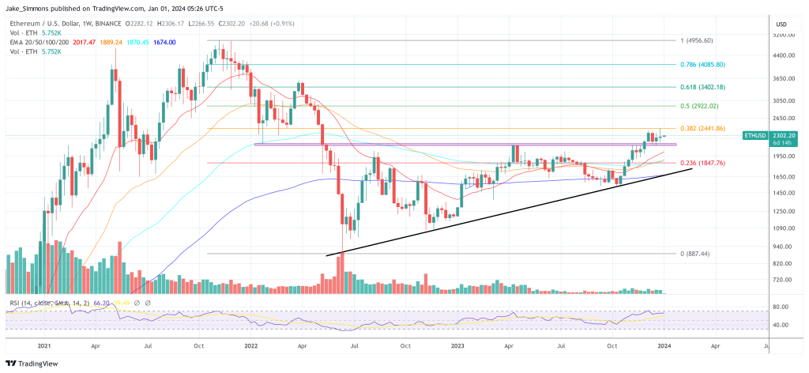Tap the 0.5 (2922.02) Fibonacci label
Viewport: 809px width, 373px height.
click(699, 105)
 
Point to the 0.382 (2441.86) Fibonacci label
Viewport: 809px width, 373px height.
click(702, 128)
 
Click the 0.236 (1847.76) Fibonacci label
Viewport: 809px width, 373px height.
click(702, 163)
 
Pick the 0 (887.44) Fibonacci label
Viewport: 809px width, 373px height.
click(696, 254)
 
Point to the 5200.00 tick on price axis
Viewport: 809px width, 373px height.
click(782, 36)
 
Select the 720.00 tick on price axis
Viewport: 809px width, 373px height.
click(782, 280)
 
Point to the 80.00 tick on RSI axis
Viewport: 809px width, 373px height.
click(782, 307)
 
